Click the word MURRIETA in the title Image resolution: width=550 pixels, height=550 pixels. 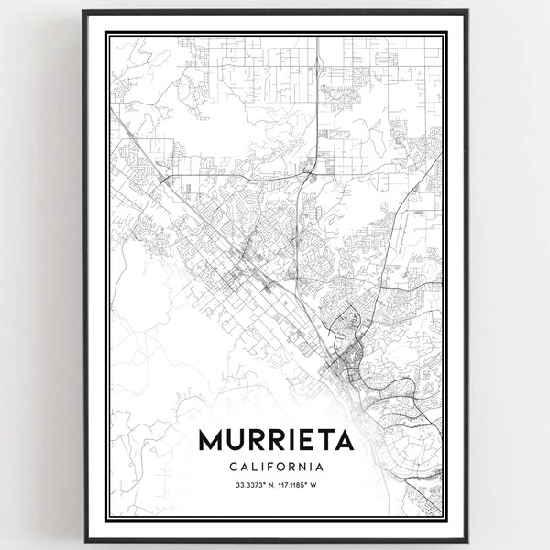tap(275, 441)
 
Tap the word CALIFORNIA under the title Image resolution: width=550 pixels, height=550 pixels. tap(275, 467)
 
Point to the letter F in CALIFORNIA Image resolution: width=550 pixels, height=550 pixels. tap(267, 467)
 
